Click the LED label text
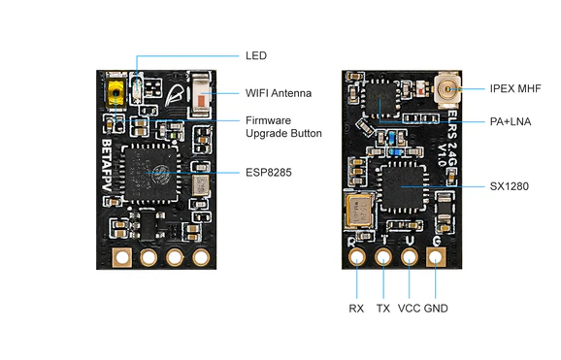[256, 56]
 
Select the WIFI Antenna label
[279, 93]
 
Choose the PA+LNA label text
[510, 121]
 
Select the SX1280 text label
[510, 185]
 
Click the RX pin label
[356, 309]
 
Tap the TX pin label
[383, 309]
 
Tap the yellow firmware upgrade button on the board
[116, 95]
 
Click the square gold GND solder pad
[437, 258]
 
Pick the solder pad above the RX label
[358, 258]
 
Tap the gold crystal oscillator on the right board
[357, 209]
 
